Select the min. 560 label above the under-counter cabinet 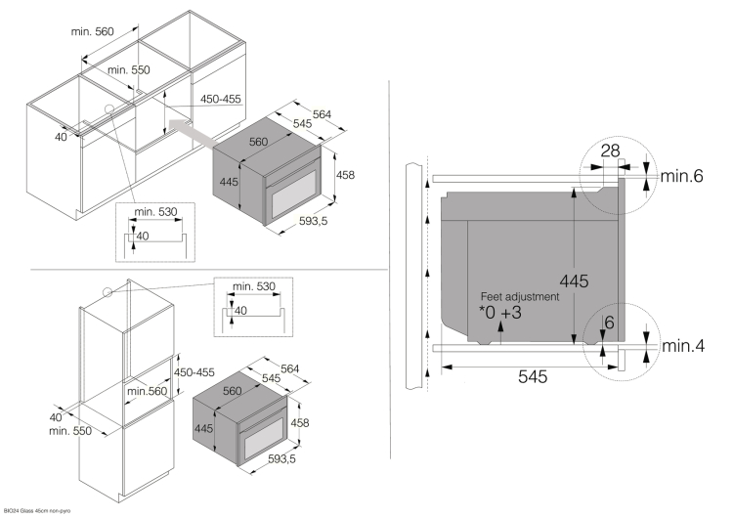[x=93, y=31]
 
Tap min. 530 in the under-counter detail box [x=156, y=212]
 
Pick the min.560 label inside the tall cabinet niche [x=147, y=392]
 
